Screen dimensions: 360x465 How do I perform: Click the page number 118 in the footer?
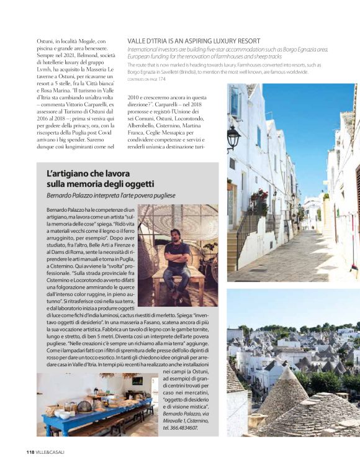(x=30, y=451)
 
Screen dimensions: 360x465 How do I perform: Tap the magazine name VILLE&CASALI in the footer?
(x=50, y=451)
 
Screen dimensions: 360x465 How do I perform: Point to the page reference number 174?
(x=162, y=79)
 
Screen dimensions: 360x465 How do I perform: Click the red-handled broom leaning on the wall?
(x=356, y=248)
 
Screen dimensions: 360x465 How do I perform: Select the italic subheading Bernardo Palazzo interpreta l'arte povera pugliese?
(x=110, y=196)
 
